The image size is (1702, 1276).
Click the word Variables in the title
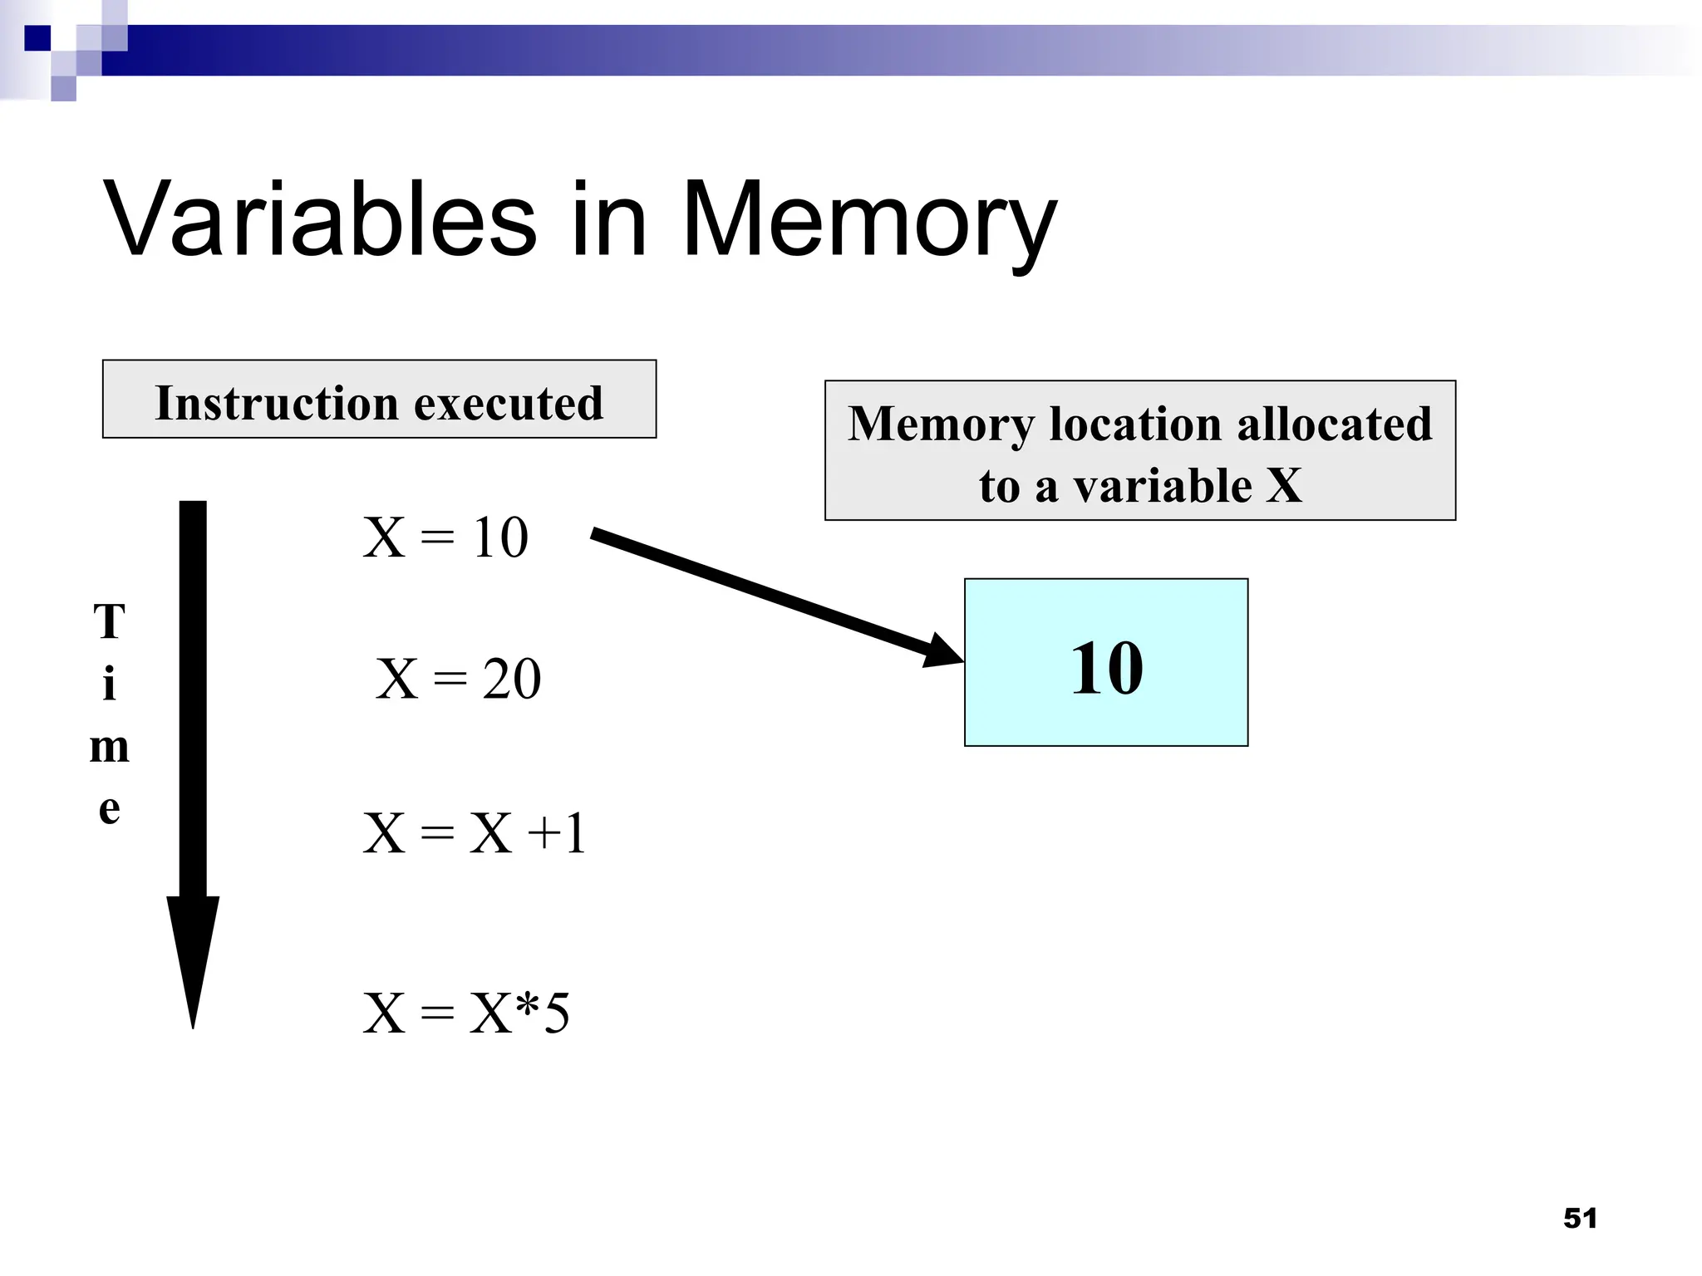point(320,220)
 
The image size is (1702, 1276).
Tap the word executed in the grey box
point(509,404)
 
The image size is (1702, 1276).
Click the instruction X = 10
point(445,537)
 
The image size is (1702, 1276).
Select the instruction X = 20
point(458,679)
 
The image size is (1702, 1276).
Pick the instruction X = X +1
point(475,833)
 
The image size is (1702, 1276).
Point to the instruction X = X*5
point(466,1013)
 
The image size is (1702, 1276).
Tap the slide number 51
point(1580,1218)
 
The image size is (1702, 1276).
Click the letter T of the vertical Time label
point(110,622)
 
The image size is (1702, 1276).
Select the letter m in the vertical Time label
point(110,747)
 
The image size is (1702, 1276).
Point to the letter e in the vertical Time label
point(110,808)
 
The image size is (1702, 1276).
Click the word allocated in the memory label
point(1335,424)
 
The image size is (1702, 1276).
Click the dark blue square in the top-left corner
point(37,38)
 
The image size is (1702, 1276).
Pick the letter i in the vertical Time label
point(109,685)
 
